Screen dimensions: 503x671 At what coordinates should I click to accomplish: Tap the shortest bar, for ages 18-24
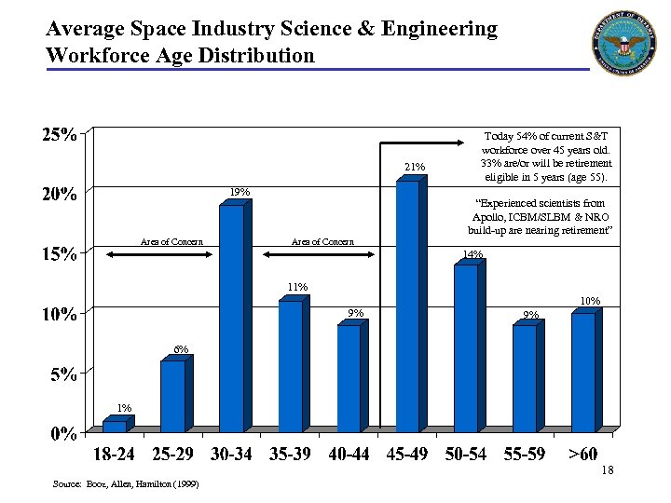(114, 427)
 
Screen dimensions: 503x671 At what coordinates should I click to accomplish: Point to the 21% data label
(415, 167)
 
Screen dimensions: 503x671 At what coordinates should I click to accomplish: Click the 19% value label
(240, 192)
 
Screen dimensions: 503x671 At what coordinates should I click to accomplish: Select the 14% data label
(472, 254)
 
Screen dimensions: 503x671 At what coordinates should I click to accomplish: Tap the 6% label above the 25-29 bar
(181, 349)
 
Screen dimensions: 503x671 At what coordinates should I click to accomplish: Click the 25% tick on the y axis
(58, 134)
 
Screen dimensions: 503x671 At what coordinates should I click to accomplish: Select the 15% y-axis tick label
(58, 254)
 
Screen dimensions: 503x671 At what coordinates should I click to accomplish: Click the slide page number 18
(607, 470)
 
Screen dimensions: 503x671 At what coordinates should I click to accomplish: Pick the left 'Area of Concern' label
(171, 242)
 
